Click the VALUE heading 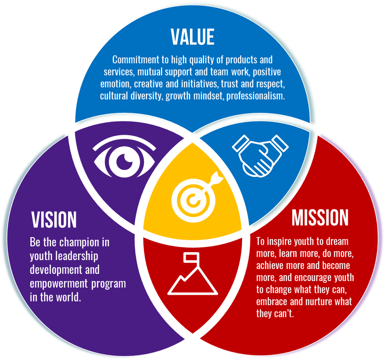[x=193, y=37]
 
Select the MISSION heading [x=320, y=217]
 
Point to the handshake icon [x=260, y=155]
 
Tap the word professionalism [x=256, y=96]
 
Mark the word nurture [x=319, y=301]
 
